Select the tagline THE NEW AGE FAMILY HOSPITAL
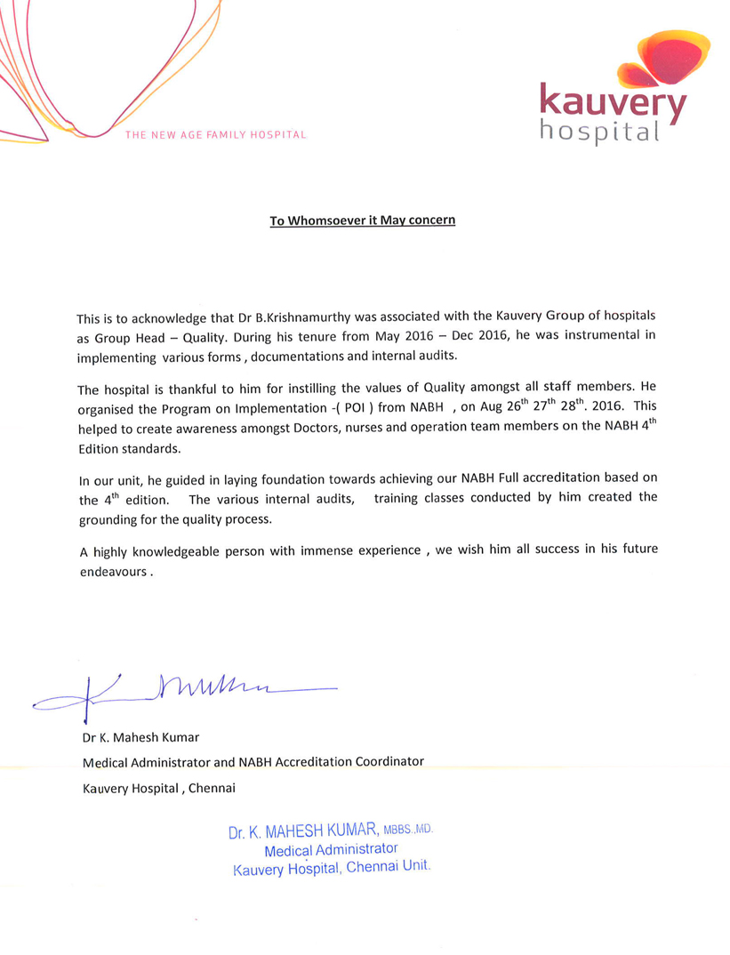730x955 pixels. tap(216, 135)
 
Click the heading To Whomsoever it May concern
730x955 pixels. tap(363, 220)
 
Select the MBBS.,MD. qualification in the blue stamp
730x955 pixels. tap(408, 830)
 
